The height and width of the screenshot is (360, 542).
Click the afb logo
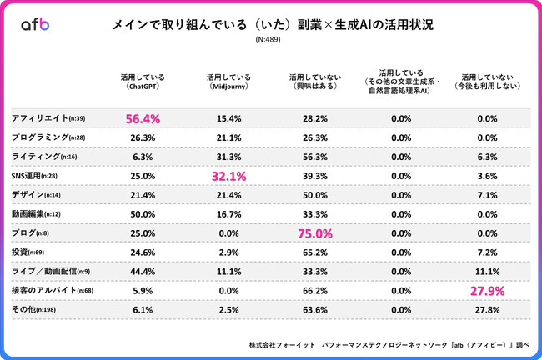tap(34, 25)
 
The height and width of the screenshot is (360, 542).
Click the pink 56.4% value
tap(143, 120)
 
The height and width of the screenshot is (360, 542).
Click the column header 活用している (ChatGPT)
tap(143, 80)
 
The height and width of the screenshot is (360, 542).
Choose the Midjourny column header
tap(225, 80)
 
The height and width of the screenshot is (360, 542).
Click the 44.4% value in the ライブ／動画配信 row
tap(143, 271)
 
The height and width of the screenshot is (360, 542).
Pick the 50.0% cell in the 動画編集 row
tap(143, 214)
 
